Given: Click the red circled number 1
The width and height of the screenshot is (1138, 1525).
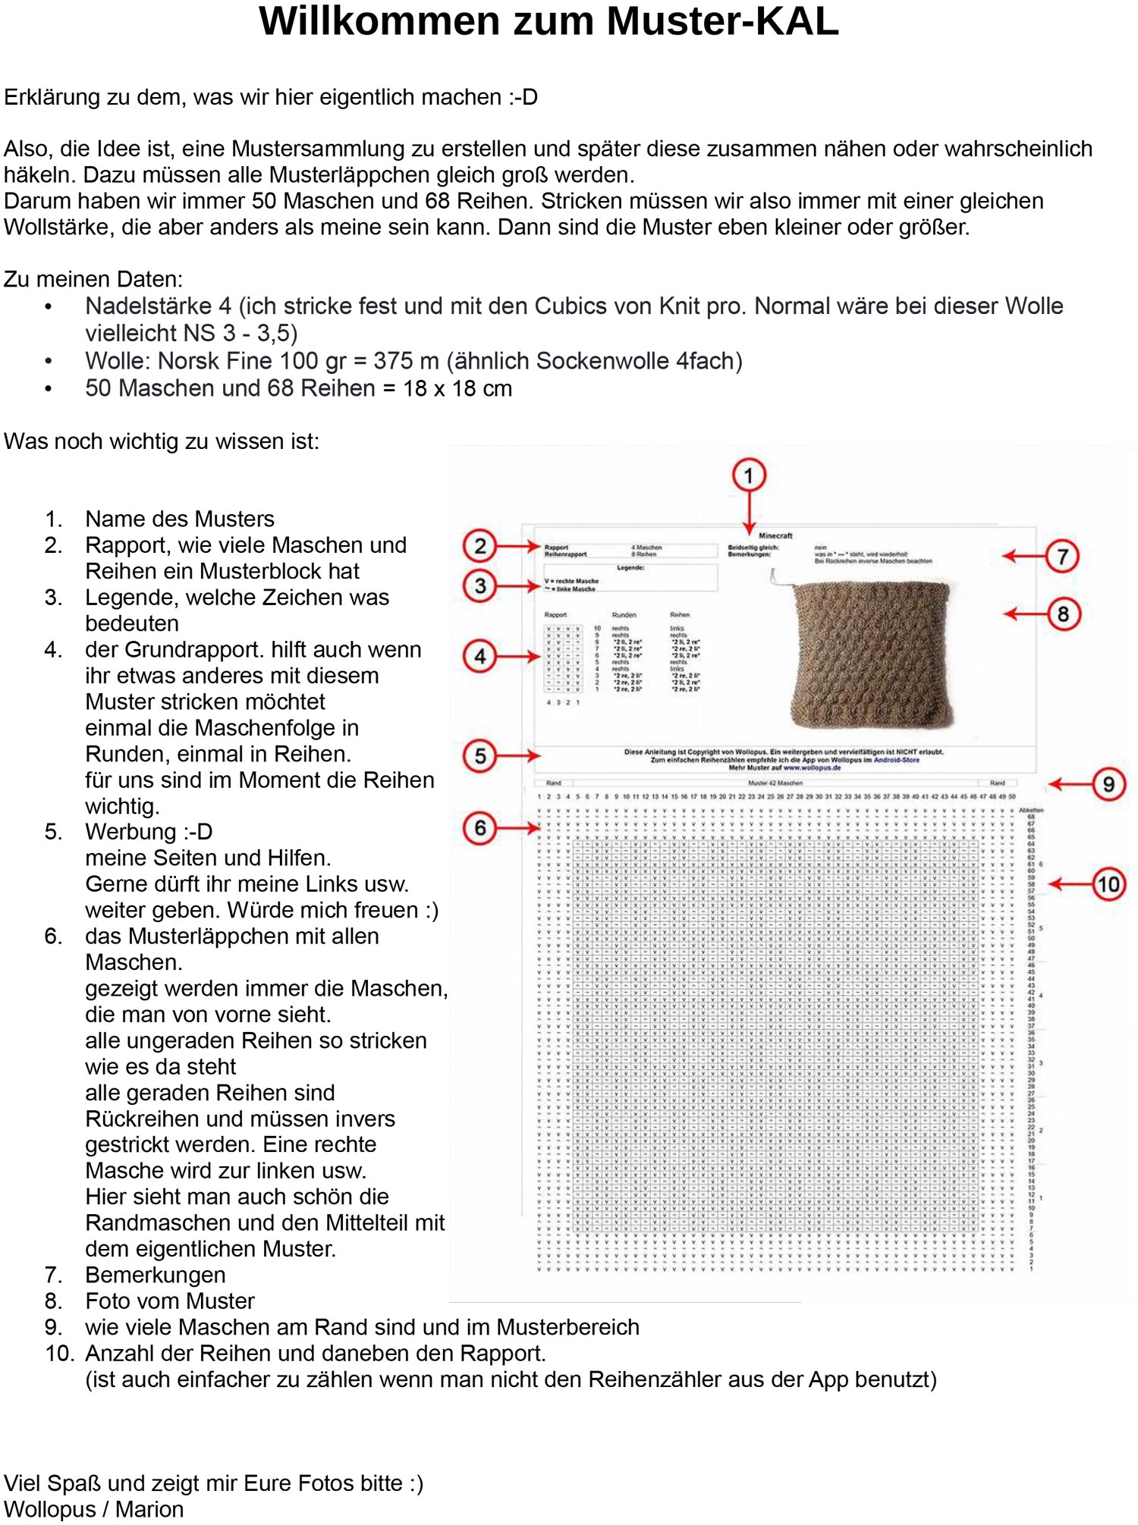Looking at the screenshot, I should (749, 475).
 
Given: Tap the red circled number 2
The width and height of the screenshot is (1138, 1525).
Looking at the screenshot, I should (479, 546).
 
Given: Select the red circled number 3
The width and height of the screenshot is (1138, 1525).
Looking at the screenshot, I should (479, 585).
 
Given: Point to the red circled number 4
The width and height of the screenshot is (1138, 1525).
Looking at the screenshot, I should (479, 657).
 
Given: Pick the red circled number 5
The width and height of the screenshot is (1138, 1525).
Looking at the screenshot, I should (479, 756).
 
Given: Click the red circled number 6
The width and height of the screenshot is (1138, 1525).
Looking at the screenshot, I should (479, 828).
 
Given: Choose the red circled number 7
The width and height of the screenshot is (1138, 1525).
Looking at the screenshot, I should (1063, 557).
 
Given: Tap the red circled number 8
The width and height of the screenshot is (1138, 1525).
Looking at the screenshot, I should (1063, 614).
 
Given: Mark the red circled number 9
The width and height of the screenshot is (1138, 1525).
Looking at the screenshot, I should (1108, 784).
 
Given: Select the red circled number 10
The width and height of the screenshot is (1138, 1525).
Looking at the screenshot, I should (1108, 884).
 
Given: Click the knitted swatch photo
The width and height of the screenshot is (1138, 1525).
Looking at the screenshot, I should (872, 652).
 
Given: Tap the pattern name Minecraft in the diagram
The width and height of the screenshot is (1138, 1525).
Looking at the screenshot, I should (775, 535).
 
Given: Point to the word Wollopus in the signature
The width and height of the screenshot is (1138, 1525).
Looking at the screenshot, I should (49, 1509).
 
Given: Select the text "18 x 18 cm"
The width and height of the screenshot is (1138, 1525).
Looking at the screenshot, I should (457, 388).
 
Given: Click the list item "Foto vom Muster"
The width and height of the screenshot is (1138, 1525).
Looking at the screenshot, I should (170, 1301).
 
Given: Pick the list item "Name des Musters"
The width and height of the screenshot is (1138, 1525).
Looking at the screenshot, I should (180, 519).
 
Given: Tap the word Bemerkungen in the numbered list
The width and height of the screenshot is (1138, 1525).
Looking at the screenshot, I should (156, 1275).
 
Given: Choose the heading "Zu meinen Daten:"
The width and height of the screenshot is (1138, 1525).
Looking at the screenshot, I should (93, 279).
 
